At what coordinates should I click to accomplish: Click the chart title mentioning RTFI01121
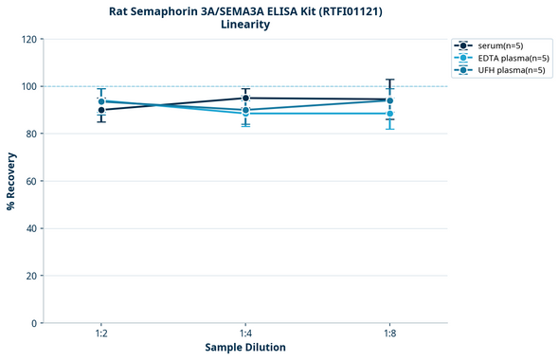coord(244,10)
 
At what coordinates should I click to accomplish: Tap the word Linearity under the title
coord(244,25)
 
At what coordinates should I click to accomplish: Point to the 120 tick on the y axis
coord(27,40)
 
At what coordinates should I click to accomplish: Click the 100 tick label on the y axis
coord(27,87)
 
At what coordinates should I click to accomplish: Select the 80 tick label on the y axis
coord(30,135)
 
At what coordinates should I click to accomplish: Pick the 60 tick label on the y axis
coord(30,181)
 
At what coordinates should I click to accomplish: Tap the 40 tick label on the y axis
coord(30,228)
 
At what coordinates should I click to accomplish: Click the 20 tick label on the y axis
coord(30,276)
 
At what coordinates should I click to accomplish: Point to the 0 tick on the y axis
coord(33,323)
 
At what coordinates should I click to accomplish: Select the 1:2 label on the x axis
coord(100,334)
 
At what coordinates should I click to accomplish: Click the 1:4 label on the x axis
coord(245,334)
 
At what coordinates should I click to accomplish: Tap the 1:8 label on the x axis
coord(389,334)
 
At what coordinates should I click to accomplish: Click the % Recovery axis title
coord(11,180)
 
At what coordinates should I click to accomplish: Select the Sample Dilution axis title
coord(244,348)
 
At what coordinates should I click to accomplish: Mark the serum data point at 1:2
coord(101,110)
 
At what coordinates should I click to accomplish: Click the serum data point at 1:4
coord(245,98)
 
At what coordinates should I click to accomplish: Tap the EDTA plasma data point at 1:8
coord(389,114)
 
